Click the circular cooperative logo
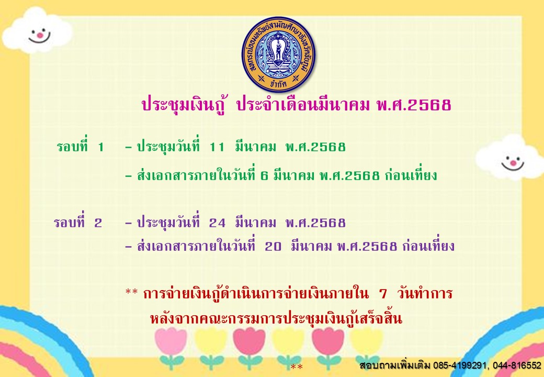tap(278, 54)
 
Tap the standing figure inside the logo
tap(278, 51)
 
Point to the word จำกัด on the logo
tap(278, 84)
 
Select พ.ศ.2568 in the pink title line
tap(414, 105)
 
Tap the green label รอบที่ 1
tap(81, 147)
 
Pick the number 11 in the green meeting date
tap(217, 147)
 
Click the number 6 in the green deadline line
tap(264, 175)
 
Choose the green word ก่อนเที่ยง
tap(411, 175)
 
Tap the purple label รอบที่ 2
tap(78, 222)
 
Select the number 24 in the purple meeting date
tap(217, 223)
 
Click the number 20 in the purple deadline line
tap(273, 247)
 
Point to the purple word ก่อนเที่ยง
tap(428, 246)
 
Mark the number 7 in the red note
tap(383, 294)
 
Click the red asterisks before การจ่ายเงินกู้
tap(131, 292)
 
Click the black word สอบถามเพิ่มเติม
tap(395, 365)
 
